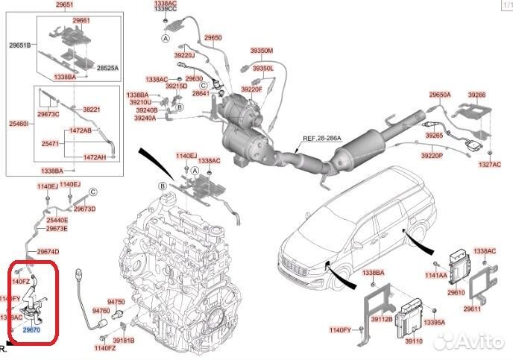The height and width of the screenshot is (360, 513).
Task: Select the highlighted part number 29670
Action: coord(31,329)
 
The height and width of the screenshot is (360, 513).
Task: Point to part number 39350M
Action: coord(262,51)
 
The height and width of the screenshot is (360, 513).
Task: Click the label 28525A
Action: coord(108,68)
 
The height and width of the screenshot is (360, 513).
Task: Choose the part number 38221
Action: coord(91,109)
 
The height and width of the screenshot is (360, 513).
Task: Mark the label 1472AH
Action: coord(95,157)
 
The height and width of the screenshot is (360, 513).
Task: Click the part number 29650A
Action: coord(439,95)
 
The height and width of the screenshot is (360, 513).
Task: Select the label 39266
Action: coord(476,95)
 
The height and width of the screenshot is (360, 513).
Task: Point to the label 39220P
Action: coord(431,156)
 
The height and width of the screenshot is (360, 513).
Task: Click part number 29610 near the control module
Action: coord(456,293)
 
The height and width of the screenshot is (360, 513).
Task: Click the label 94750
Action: coord(117,303)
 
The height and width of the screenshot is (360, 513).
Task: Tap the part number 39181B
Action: coord(124,341)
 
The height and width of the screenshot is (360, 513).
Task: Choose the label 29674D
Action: coord(48,251)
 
